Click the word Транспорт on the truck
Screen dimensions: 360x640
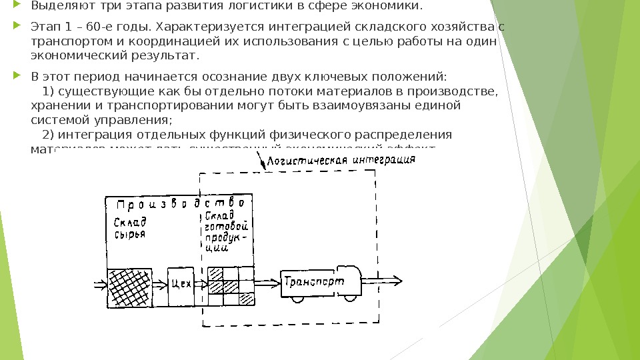coord(314,282)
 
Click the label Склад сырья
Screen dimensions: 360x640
coord(129,227)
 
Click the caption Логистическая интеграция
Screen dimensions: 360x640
coord(340,161)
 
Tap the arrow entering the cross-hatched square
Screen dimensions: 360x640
coord(100,285)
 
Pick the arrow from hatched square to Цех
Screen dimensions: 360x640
coord(159,285)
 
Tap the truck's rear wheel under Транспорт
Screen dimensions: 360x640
coord(298,299)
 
